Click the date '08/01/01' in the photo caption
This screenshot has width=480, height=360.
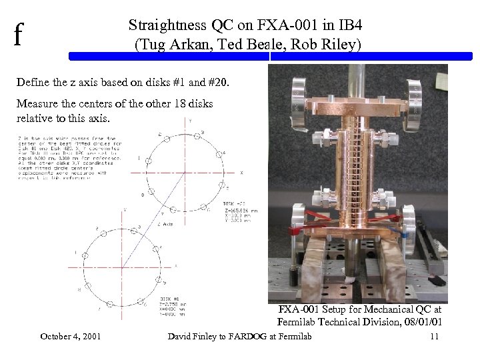tap(423, 323)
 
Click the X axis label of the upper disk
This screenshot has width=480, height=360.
tap(242, 172)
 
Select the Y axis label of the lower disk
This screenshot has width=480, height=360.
tap(123, 211)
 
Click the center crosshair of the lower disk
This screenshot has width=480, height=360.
tap(124, 263)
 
